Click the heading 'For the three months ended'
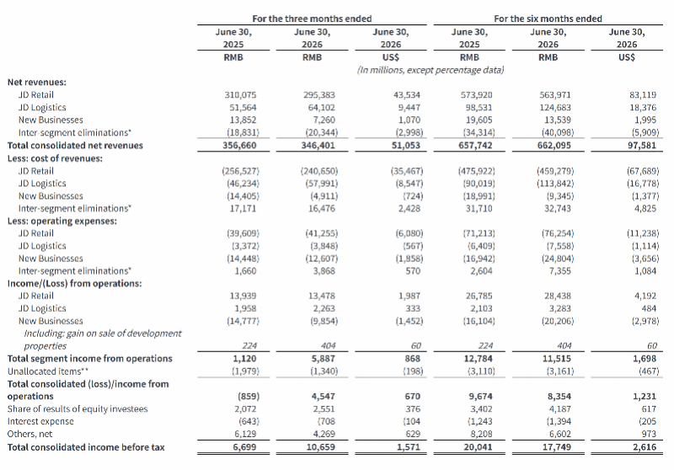point(312,19)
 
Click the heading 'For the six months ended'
point(548,19)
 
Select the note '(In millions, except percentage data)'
point(430,70)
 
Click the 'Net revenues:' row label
point(37,82)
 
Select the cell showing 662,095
point(554,146)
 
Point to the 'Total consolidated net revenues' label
point(75,146)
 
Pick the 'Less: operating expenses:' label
point(62,222)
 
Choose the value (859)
point(249,397)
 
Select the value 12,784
point(478,359)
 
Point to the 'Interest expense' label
point(40,421)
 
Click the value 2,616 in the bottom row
point(645,447)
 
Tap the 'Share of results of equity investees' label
point(78,409)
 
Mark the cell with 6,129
point(245,434)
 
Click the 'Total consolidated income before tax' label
point(86,447)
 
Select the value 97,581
point(642,146)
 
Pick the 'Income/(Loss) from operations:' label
point(74,284)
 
